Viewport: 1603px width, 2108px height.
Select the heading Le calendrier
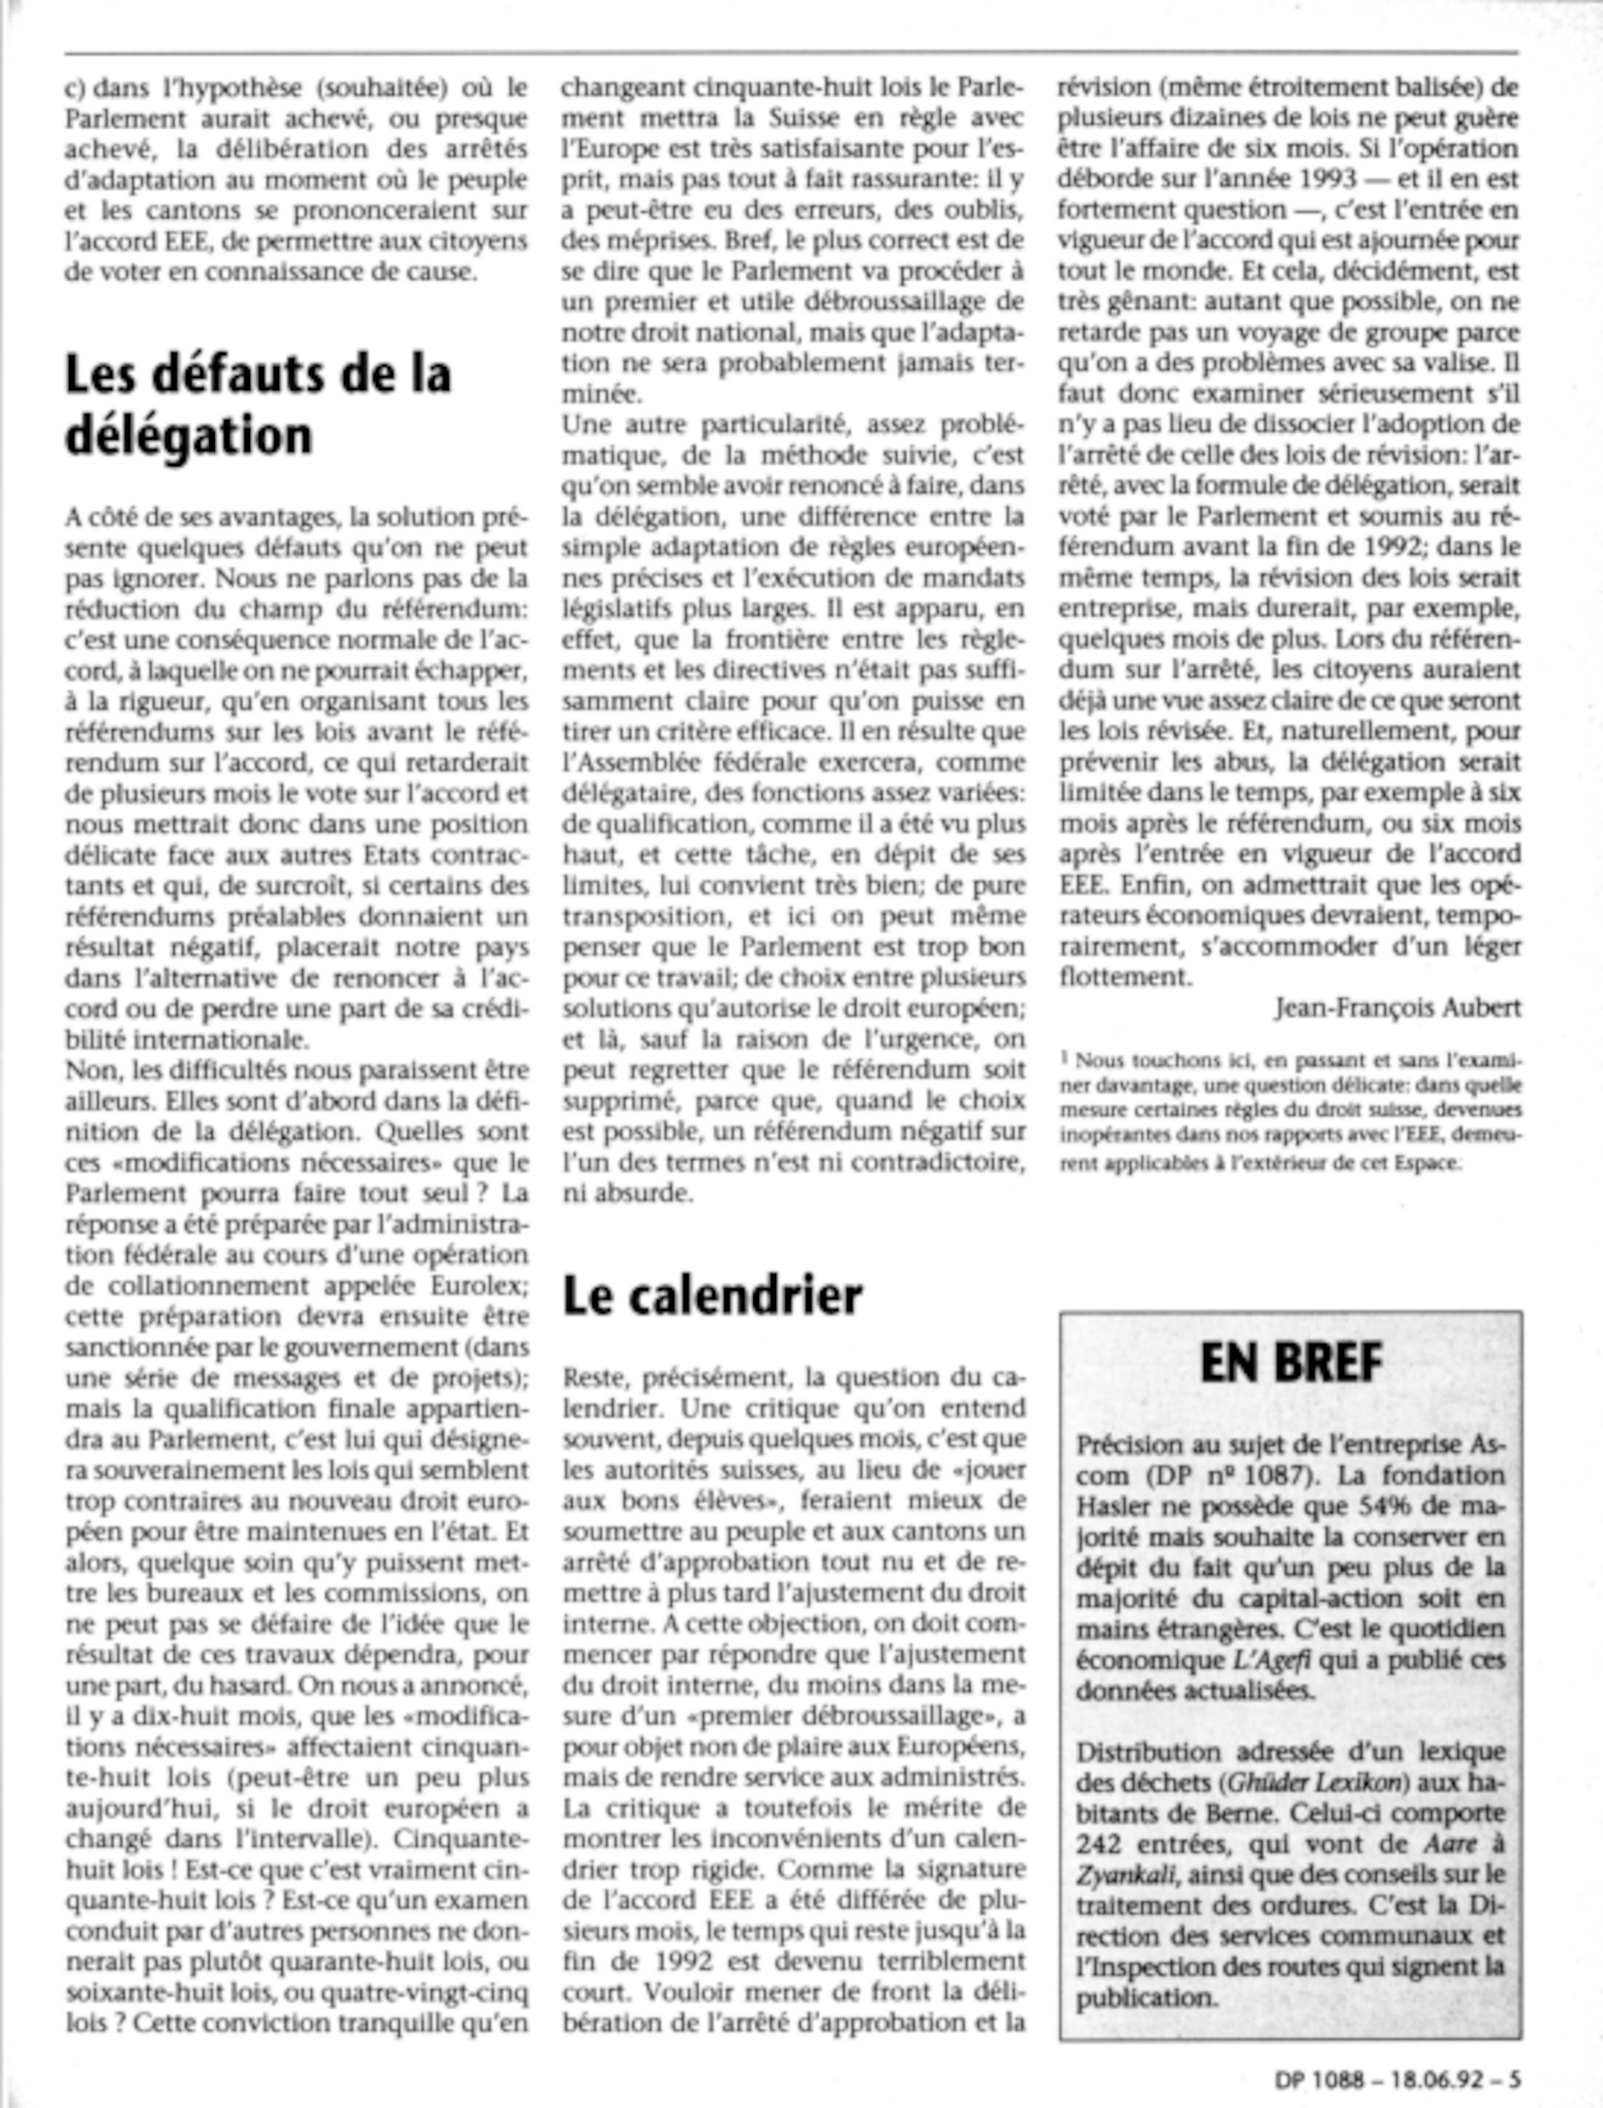click(712, 1296)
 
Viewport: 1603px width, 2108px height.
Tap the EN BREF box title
click(1290, 1363)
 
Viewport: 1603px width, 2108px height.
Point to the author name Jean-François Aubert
click(1397, 1008)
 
